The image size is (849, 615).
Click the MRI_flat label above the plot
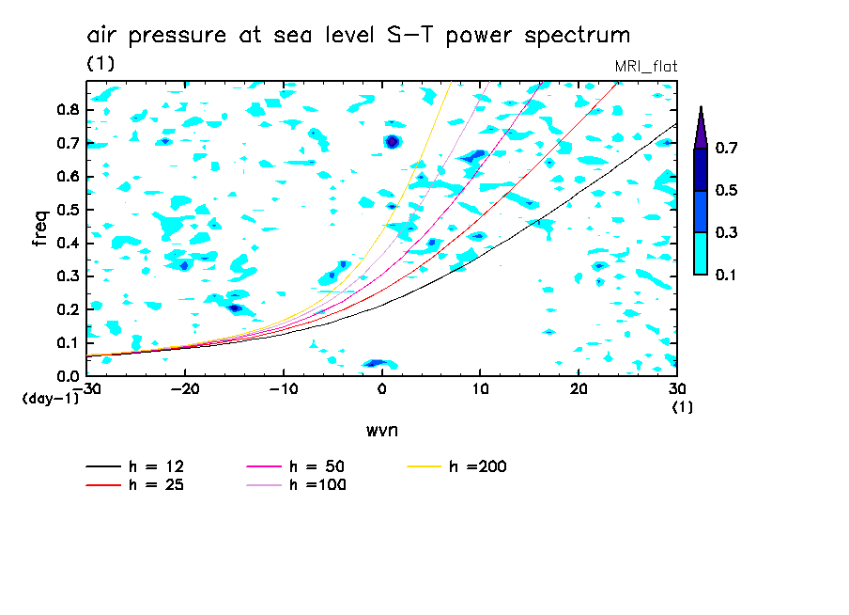(645, 66)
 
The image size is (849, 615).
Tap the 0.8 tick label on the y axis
(67, 109)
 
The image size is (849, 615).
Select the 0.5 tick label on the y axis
(67, 210)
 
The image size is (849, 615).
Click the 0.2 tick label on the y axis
(67, 309)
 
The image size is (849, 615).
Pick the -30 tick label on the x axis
(86, 389)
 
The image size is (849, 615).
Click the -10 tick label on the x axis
(283, 389)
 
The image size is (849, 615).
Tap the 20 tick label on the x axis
(579, 389)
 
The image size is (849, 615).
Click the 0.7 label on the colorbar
(726, 148)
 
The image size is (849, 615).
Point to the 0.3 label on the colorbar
(726, 232)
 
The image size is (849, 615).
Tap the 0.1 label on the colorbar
(726, 275)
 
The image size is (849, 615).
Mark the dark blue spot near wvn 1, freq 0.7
(393, 142)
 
